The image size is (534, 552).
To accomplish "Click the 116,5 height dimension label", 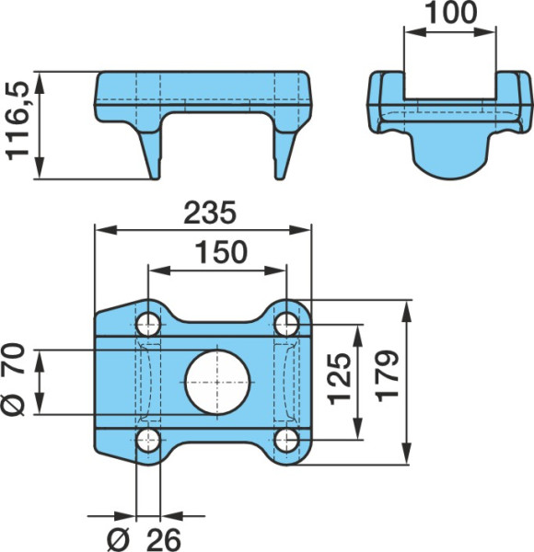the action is (x=17, y=121).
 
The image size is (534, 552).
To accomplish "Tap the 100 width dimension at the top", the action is (x=451, y=12).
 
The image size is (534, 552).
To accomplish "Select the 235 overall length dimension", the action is (x=210, y=213).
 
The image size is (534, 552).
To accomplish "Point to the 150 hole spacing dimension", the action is (x=221, y=252).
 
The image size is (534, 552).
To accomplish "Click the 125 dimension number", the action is (x=340, y=379).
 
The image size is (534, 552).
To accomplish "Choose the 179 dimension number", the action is (x=388, y=376).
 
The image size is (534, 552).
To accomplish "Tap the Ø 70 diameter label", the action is (x=13, y=379).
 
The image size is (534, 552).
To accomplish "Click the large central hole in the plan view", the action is (x=217, y=383).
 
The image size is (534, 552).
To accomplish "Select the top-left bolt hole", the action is (x=148, y=324).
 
